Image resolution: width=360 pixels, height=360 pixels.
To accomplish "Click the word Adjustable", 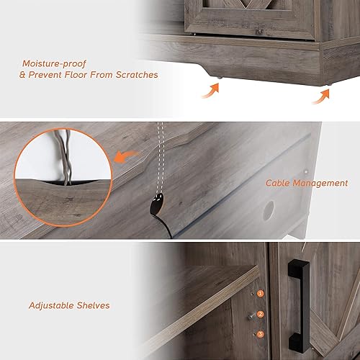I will click(53, 305).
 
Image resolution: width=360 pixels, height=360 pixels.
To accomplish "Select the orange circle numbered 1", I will click(260, 294).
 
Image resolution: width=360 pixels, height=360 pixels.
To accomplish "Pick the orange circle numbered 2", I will click(260, 314).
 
